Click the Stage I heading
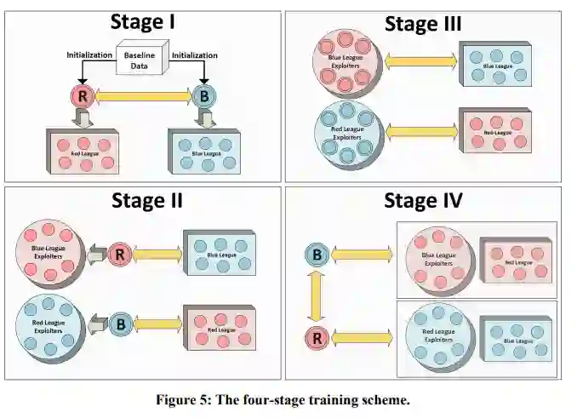(144, 24)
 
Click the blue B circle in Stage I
(205, 97)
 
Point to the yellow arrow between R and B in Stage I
(144, 98)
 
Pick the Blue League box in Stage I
(204, 150)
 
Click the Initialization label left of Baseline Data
(89, 54)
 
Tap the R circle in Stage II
(120, 253)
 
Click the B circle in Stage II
(120, 324)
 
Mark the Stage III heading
(423, 24)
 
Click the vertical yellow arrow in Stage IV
(317, 295)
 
